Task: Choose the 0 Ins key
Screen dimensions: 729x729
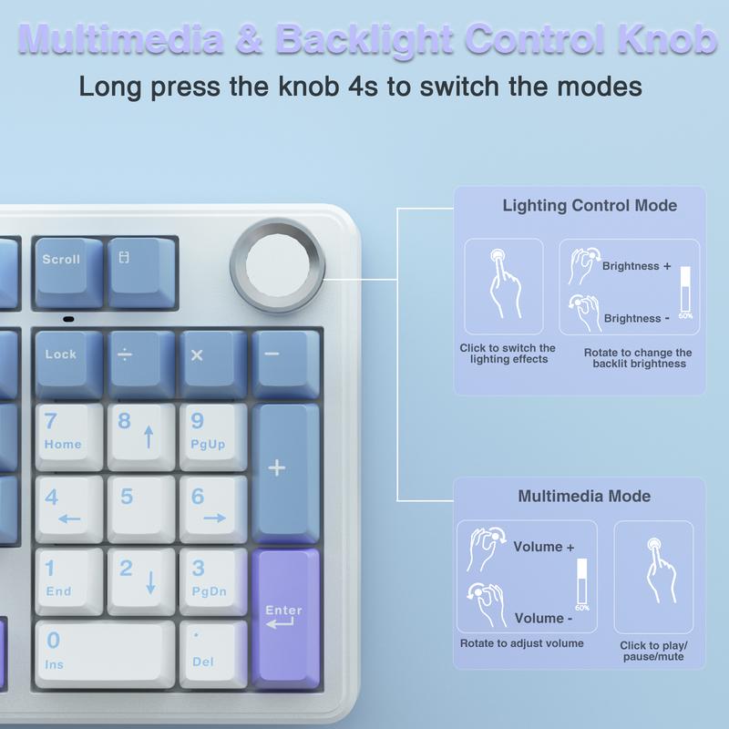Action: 104,652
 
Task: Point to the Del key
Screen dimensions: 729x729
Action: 212,652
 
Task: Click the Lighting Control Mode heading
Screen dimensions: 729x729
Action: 590,206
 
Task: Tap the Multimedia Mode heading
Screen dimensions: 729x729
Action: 584,497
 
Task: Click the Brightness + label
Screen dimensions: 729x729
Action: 636,266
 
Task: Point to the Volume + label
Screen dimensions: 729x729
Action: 544,547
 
